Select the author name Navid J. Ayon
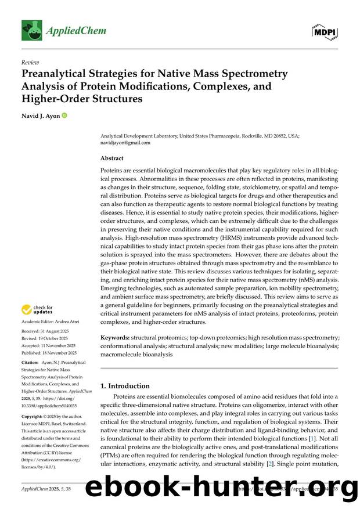(40, 116)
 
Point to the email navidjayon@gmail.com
(125, 142)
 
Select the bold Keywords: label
(115, 337)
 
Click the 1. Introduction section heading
(125, 385)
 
